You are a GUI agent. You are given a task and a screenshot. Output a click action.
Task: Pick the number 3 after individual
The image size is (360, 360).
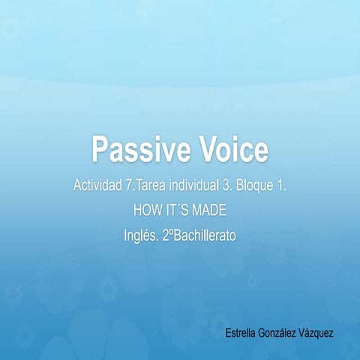coord(229,184)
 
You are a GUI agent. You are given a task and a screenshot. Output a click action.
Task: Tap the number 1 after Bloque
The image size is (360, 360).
coord(282,184)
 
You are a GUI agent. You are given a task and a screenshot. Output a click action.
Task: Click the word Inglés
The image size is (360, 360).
coord(140,235)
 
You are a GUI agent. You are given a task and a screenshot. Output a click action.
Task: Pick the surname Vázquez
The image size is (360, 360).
coord(319,331)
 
